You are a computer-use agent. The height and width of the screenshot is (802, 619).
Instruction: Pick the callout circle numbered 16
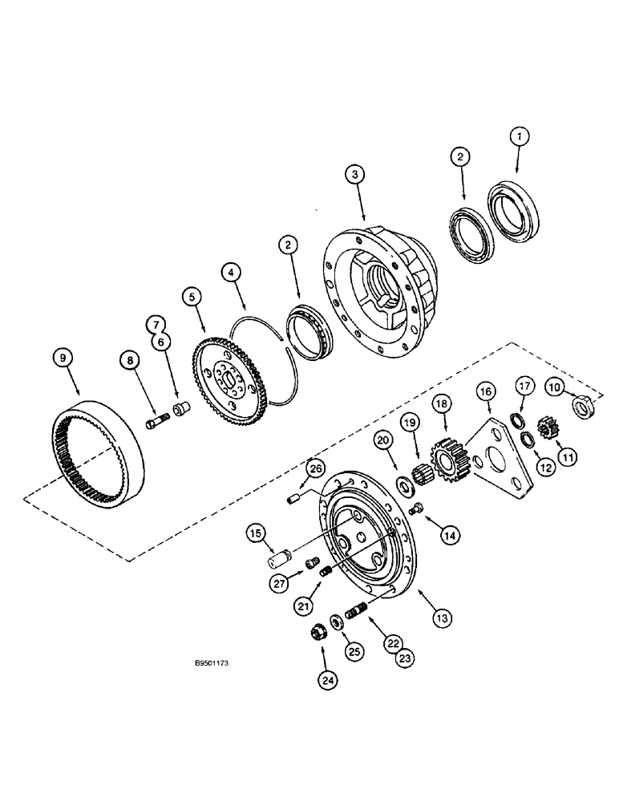tap(484, 391)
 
